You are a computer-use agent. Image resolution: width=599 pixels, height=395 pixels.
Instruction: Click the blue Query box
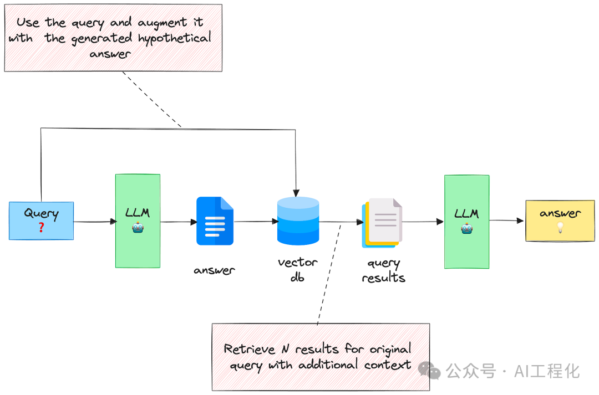pos(41,220)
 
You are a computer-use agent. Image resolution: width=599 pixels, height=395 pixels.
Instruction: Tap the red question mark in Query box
pos(41,227)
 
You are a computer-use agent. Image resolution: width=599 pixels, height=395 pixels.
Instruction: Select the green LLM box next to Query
pos(138,221)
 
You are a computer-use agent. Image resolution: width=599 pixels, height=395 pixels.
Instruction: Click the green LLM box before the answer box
pos(466,222)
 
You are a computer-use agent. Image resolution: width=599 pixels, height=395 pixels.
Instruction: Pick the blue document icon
pos(215,221)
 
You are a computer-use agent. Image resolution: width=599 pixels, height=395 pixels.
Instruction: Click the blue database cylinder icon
pos(298,220)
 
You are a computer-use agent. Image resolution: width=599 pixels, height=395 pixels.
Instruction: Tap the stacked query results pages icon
pos(382,223)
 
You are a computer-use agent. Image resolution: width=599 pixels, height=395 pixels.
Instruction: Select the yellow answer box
pos(560,220)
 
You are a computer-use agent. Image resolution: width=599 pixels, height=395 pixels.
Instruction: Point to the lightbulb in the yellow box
pos(560,227)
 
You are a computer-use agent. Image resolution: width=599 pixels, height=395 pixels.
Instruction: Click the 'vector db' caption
pos(297,269)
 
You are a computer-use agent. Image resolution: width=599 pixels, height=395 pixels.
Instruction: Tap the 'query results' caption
pos(383,270)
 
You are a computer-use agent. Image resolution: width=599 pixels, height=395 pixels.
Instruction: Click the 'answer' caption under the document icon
pos(214,270)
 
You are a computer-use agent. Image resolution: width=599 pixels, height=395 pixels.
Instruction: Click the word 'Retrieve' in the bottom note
pos(250,349)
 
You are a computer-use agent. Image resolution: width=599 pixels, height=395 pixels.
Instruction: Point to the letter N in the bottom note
pos(285,349)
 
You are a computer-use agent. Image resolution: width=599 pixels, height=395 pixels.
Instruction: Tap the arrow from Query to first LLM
pos(94,222)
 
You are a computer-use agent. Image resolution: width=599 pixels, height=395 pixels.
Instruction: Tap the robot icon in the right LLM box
pos(466,227)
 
